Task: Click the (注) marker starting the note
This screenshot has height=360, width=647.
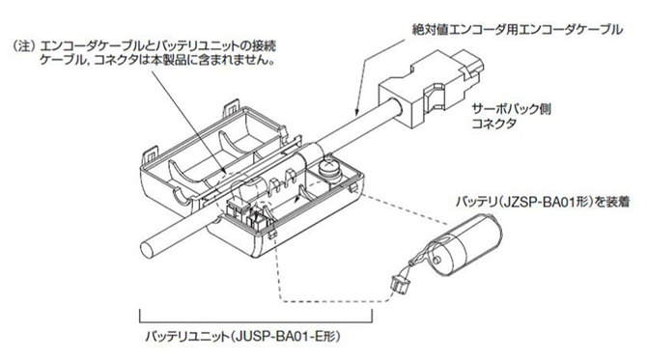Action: pyautogui.click(x=21, y=45)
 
